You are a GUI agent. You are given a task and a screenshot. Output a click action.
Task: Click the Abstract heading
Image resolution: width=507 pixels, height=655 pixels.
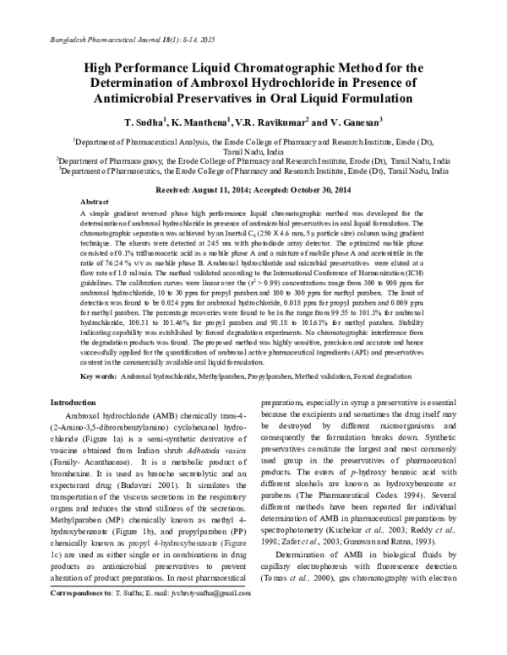tap(94, 204)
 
